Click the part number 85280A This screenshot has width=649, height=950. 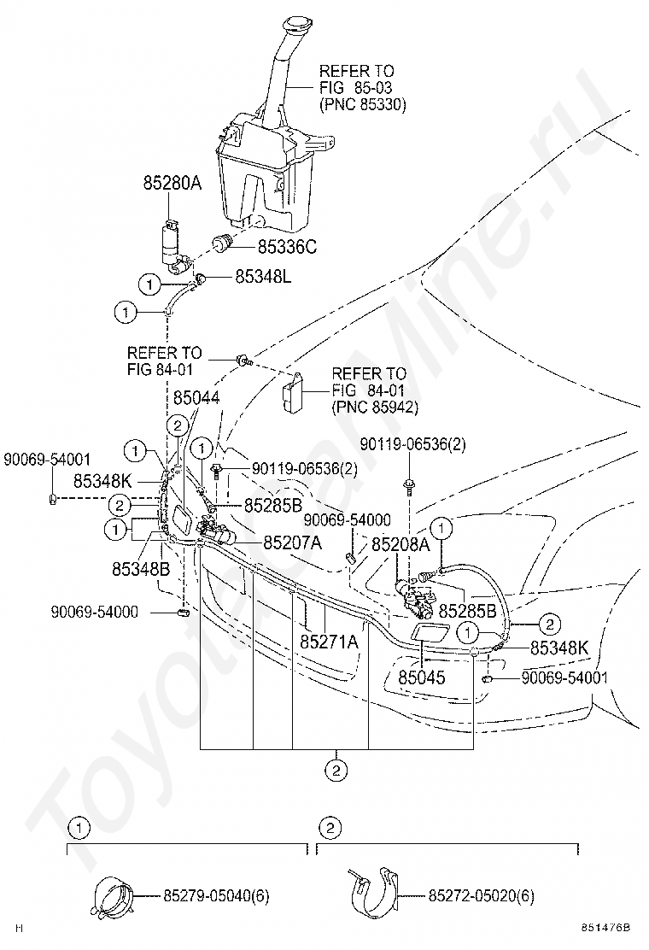tap(172, 182)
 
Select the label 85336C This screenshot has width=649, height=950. tap(287, 247)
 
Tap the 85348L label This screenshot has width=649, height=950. tap(263, 277)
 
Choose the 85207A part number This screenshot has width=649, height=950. tap(292, 542)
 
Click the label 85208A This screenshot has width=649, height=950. tap(401, 545)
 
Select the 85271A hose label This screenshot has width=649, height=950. tap(329, 642)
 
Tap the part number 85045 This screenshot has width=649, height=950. tap(421, 677)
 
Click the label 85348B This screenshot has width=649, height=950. tap(140, 570)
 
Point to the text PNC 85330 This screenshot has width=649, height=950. tap(363, 104)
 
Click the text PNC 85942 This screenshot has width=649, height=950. tap(375, 408)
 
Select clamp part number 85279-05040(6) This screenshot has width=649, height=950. tap(216, 895)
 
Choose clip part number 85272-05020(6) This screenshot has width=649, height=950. tap(482, 895)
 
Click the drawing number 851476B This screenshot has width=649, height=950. tap(605, 928)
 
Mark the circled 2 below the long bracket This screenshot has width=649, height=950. tap(336, 771)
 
